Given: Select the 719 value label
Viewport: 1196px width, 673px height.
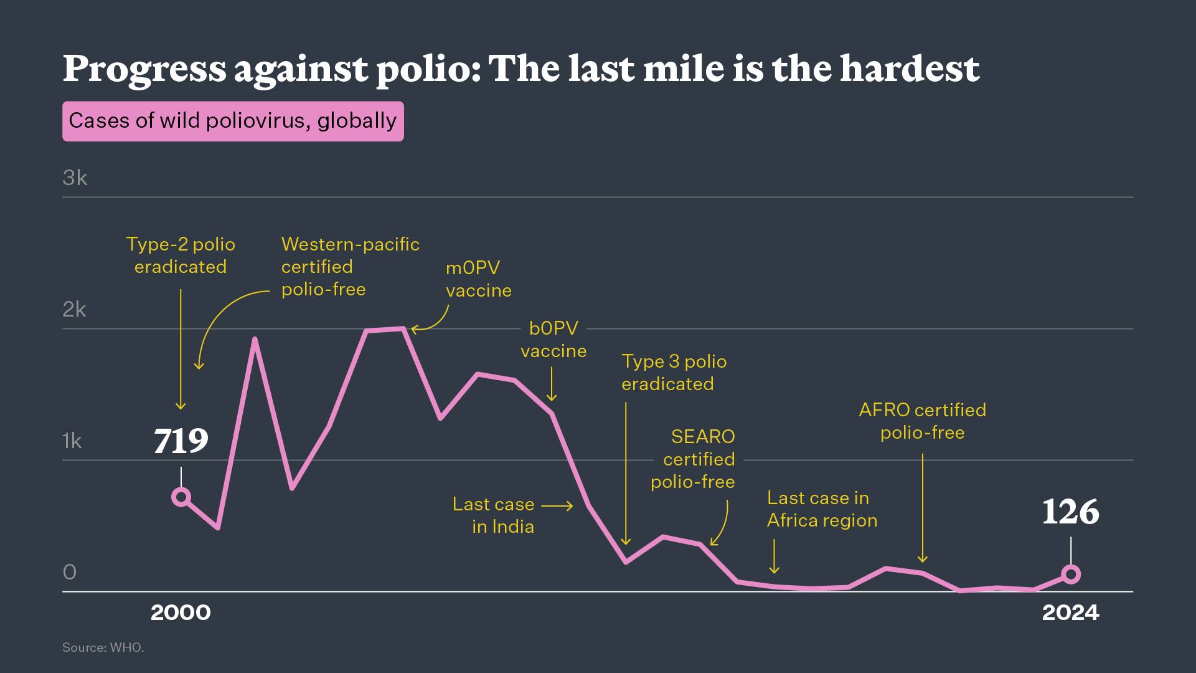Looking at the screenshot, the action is click(x=181, y=441).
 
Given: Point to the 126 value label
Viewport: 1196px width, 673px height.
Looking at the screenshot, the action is click(x=1070, y=512).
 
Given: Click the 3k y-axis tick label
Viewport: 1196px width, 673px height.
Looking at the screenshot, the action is click(x=75, y=178).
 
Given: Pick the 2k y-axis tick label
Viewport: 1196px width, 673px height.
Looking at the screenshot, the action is click(x=74, y=309).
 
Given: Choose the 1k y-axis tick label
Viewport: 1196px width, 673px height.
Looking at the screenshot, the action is click(x=72, y=441).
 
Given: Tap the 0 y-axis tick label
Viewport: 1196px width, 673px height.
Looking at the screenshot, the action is click(x=69, y=572).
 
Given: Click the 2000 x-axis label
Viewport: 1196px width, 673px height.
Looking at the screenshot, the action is click(x=181, y=613).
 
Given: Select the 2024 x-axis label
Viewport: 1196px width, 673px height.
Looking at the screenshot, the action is click(x=1071, y=613).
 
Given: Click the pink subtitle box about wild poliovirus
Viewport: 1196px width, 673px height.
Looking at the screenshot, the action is click(x=233, y=121).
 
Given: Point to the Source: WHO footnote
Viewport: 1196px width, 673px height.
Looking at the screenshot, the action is click(x=103, y=647).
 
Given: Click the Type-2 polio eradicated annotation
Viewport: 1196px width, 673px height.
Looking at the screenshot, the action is click(x=181, y=255).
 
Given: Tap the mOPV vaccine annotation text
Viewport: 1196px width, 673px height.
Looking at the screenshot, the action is click(x=478, y=279).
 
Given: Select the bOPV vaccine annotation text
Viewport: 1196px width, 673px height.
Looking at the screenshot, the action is click(x=553, y=340).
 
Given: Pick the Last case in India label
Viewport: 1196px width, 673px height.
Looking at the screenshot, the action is click(x=494, y=515).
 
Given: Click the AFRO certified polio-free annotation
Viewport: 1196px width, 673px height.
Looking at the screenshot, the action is click(x=922, y=421).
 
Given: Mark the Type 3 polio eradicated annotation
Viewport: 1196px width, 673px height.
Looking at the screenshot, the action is click(x=674, y=373).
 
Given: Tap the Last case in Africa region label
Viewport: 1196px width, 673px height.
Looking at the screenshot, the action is click(x=822, y=509).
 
